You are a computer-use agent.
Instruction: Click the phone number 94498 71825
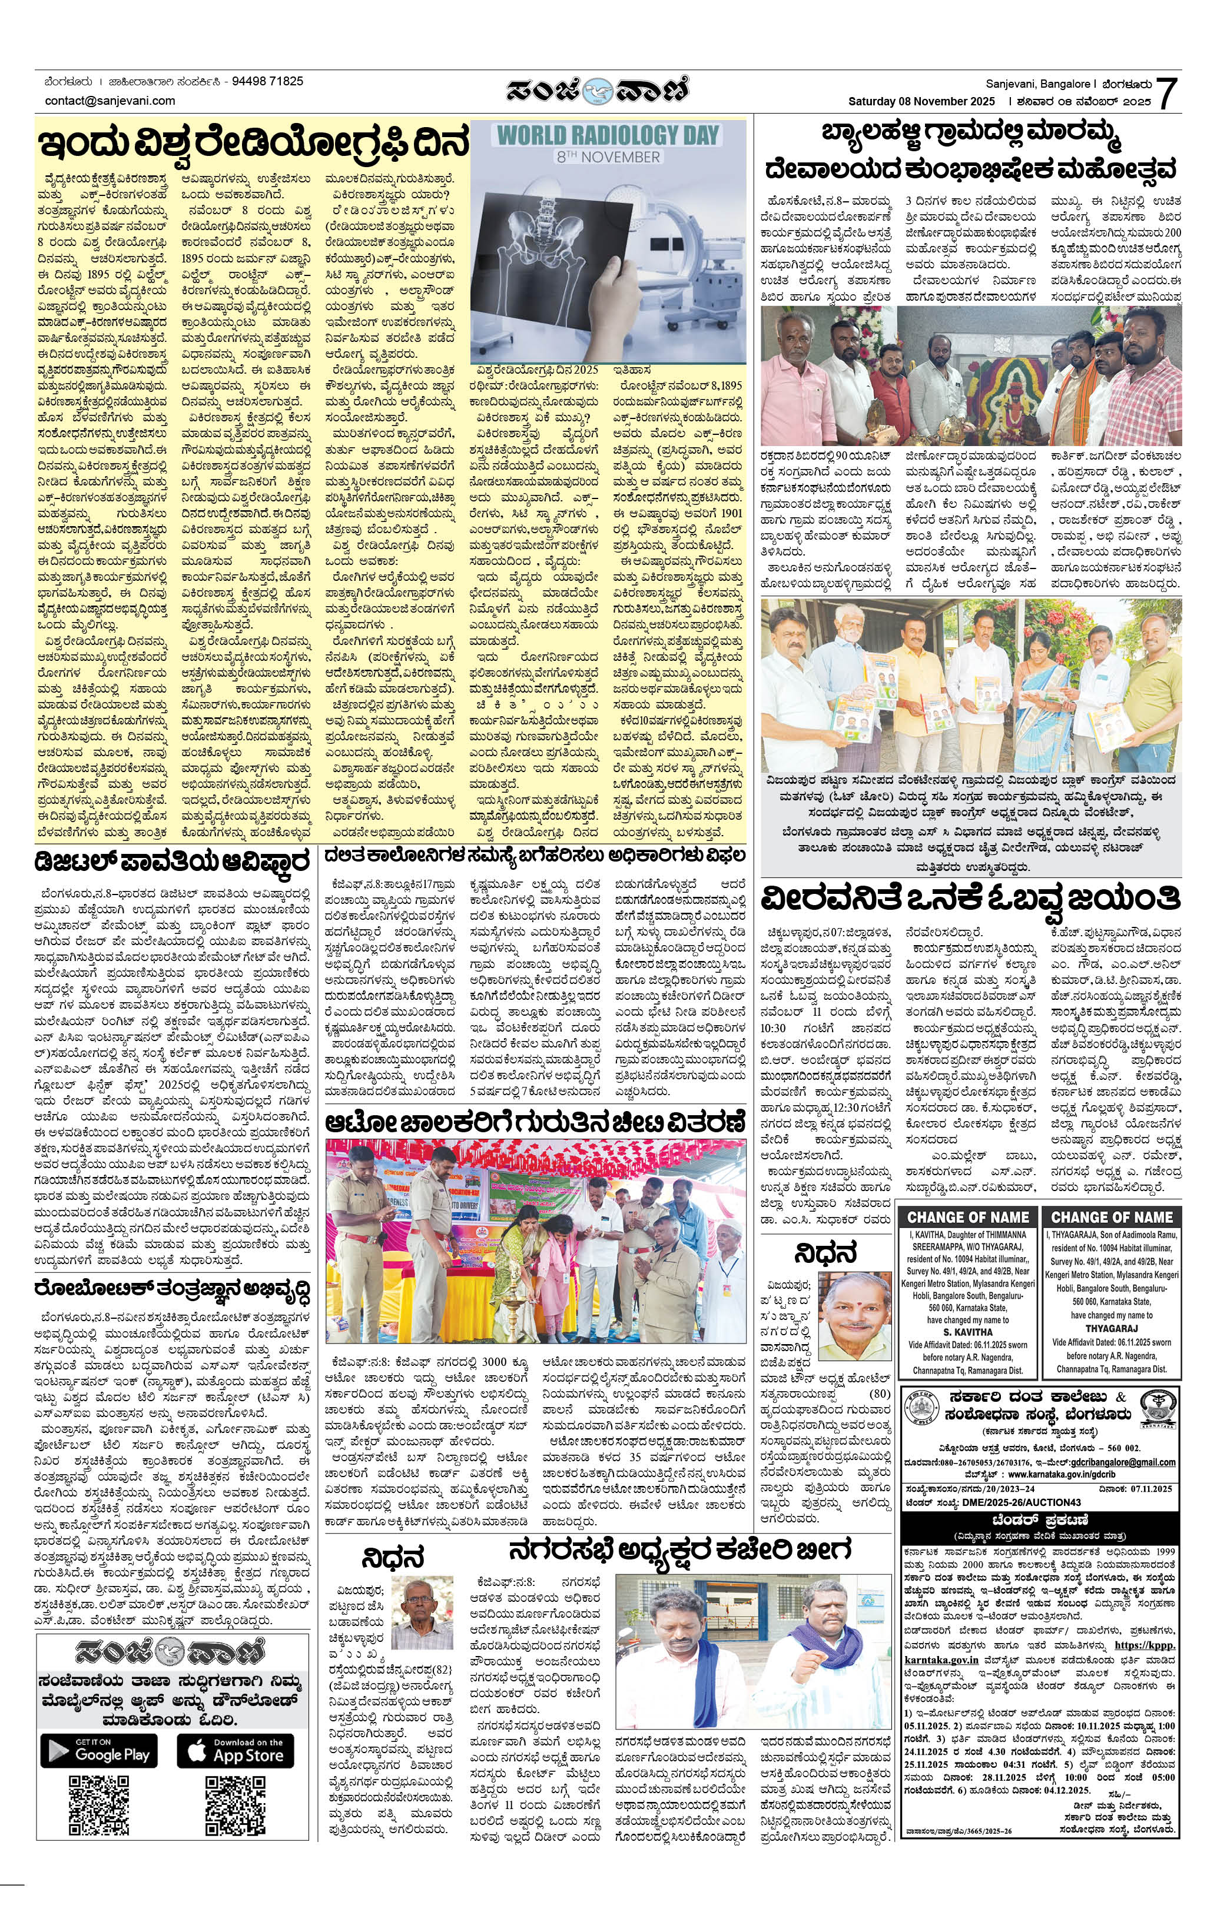click(264, 81)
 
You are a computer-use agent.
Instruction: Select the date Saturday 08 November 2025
click(921, 102)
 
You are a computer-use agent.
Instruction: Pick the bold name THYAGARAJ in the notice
click(1110, 1328)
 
